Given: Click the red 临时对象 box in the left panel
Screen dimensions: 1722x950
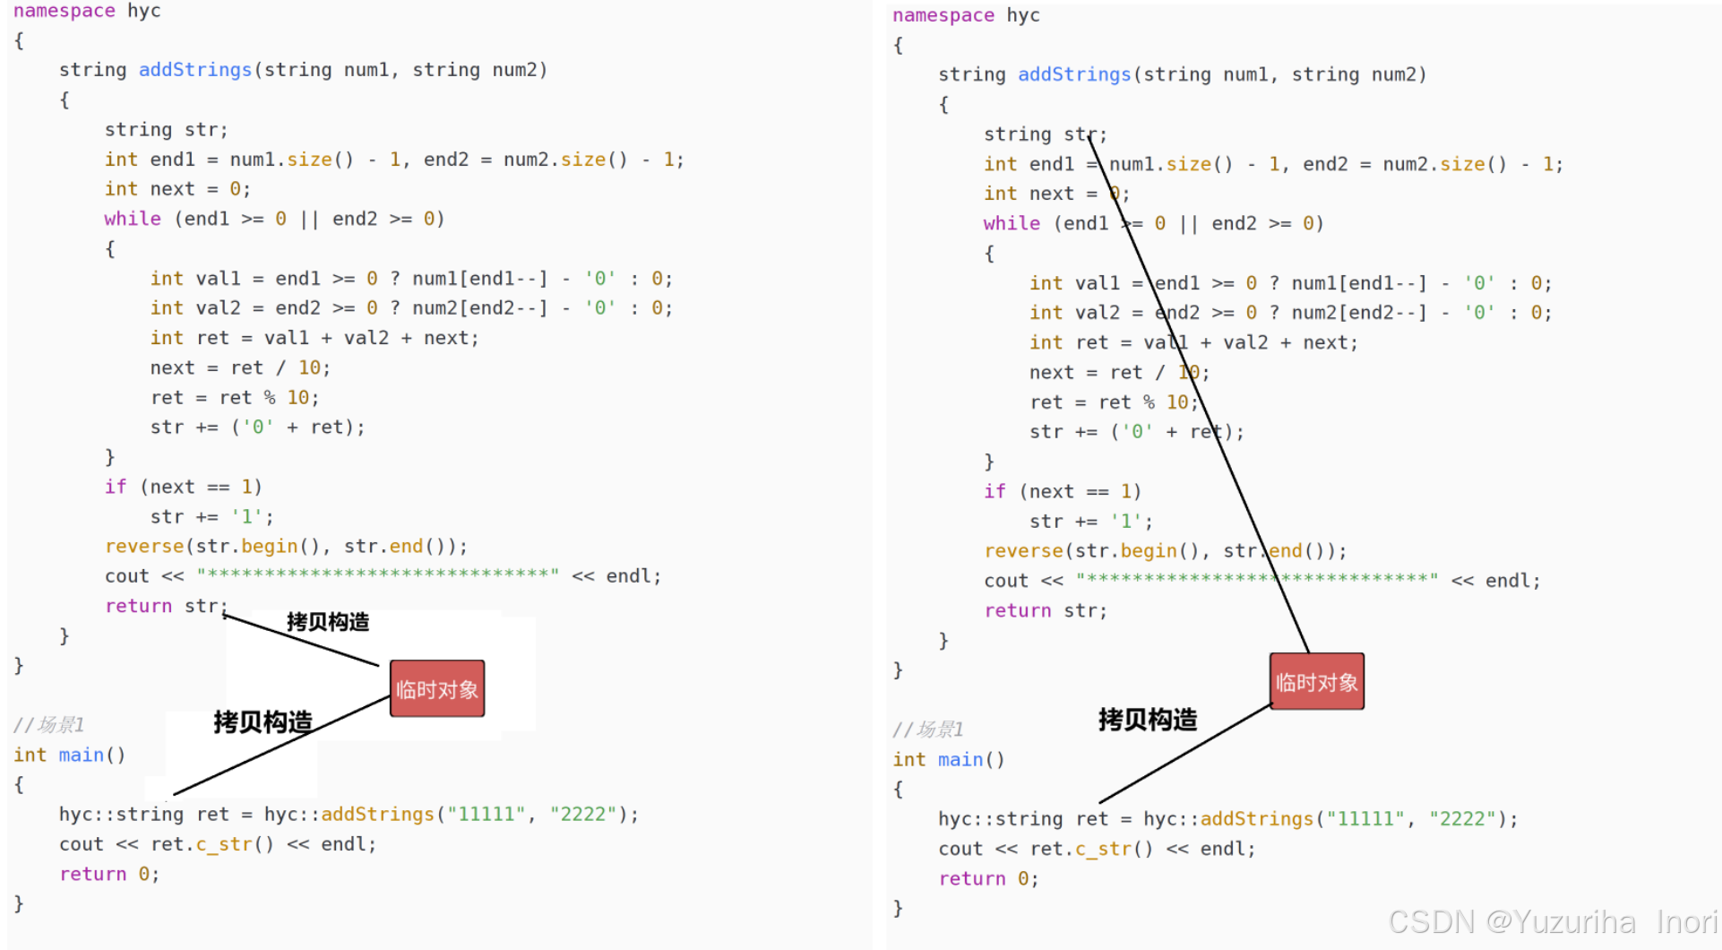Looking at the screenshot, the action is click(x=437, y=688).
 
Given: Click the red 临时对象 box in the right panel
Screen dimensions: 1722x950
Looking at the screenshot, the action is click(x=1316, y=682).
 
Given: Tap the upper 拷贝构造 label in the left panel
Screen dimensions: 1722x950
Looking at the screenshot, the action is click(x=328, y=622).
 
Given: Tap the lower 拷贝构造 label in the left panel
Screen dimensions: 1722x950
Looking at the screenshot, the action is click(x=263, y=721).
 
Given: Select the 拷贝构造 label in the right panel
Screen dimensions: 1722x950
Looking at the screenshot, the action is click(x=1148, y=719).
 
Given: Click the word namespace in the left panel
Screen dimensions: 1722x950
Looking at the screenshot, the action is click(x=64, y=11).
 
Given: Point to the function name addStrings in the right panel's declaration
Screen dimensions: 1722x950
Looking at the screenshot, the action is click(x=1073, y=74).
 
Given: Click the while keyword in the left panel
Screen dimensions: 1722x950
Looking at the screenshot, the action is click(x=132, y=219).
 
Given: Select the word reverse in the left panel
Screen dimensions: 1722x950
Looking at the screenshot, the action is click(x=143, y=546).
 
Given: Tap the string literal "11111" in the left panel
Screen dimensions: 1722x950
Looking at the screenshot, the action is click(x=486, y=814).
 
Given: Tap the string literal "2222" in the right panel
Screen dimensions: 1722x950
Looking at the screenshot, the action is click(x=1461, y=818).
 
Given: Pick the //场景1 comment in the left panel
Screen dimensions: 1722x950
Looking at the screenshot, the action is click(x=49, y=724).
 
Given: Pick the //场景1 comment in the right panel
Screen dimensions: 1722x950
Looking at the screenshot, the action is click(x=928, y=729).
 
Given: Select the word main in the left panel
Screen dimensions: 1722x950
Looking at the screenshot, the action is click(x=81, y=755).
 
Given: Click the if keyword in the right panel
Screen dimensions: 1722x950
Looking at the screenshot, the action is click(x=994, y=491).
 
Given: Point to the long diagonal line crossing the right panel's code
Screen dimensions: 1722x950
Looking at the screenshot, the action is click(x=1201, y=394).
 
